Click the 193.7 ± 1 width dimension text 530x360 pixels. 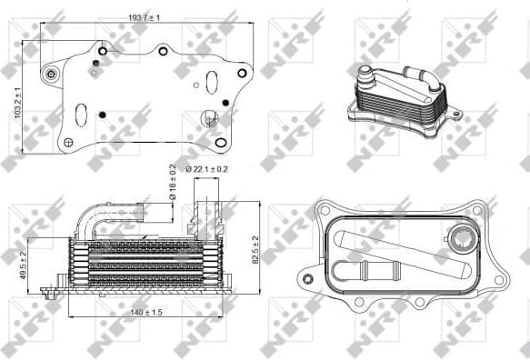[145, 18]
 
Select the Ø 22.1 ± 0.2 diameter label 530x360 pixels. [208, 169]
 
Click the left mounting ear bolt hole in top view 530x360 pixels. [51, 74]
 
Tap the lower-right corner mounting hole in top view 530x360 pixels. [221, 143]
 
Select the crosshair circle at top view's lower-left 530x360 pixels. [69, 141]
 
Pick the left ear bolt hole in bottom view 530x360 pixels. [310, 277]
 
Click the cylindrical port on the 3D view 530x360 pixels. [365, 75]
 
